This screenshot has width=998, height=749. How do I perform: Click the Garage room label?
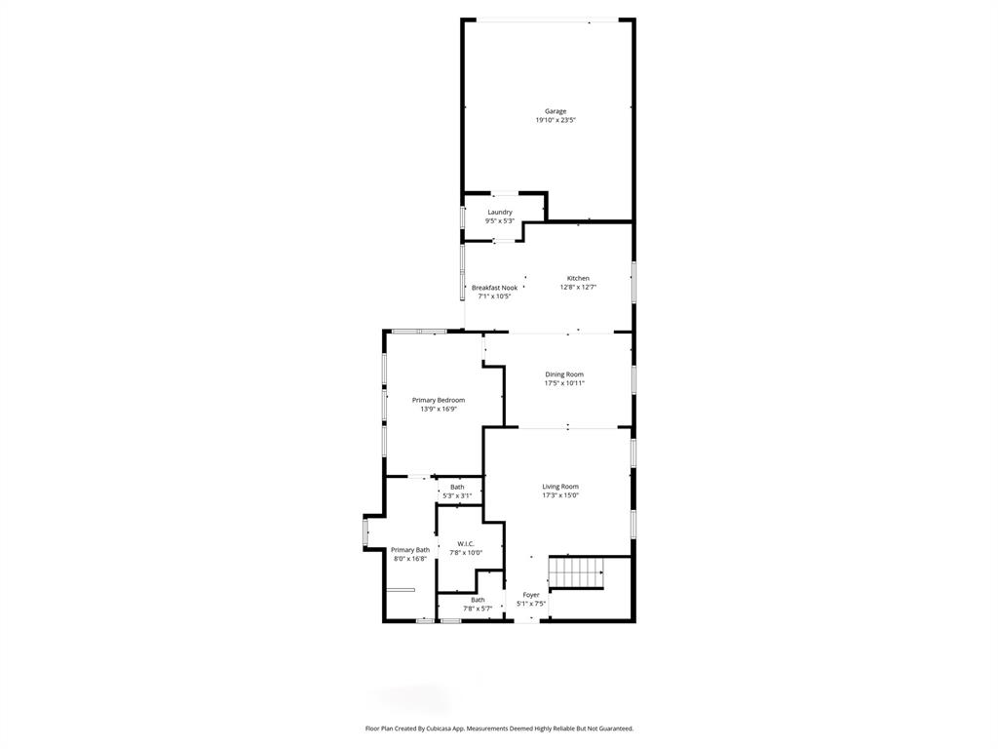point(556,111)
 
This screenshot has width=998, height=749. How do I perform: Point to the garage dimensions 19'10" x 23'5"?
point(556,120)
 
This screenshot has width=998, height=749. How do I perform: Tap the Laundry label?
point(500,212)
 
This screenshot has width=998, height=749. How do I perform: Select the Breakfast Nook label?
point(494,288)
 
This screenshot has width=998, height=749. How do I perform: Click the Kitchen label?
point(578,278)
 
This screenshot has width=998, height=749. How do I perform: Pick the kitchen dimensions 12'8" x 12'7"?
point(578,287)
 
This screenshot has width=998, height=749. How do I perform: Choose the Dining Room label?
point(564,374)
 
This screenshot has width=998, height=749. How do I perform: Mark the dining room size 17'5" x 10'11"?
point(564,383)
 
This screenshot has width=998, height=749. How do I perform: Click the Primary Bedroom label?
point(439,400)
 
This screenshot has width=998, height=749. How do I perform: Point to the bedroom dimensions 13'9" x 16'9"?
point(439,409)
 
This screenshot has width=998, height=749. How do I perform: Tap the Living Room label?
point(560,487)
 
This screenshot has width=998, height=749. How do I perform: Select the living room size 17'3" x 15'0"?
point(560,495)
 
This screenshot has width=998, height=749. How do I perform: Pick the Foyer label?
point(531,595)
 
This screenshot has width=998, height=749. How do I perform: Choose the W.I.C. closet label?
point(466,544)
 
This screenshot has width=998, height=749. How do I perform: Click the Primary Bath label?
point(410,550)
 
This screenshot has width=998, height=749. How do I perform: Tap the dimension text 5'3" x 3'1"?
point(457,495)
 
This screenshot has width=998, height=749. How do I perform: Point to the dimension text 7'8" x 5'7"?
point(478,609)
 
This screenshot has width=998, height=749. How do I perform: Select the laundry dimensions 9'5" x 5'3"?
point(500,221)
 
